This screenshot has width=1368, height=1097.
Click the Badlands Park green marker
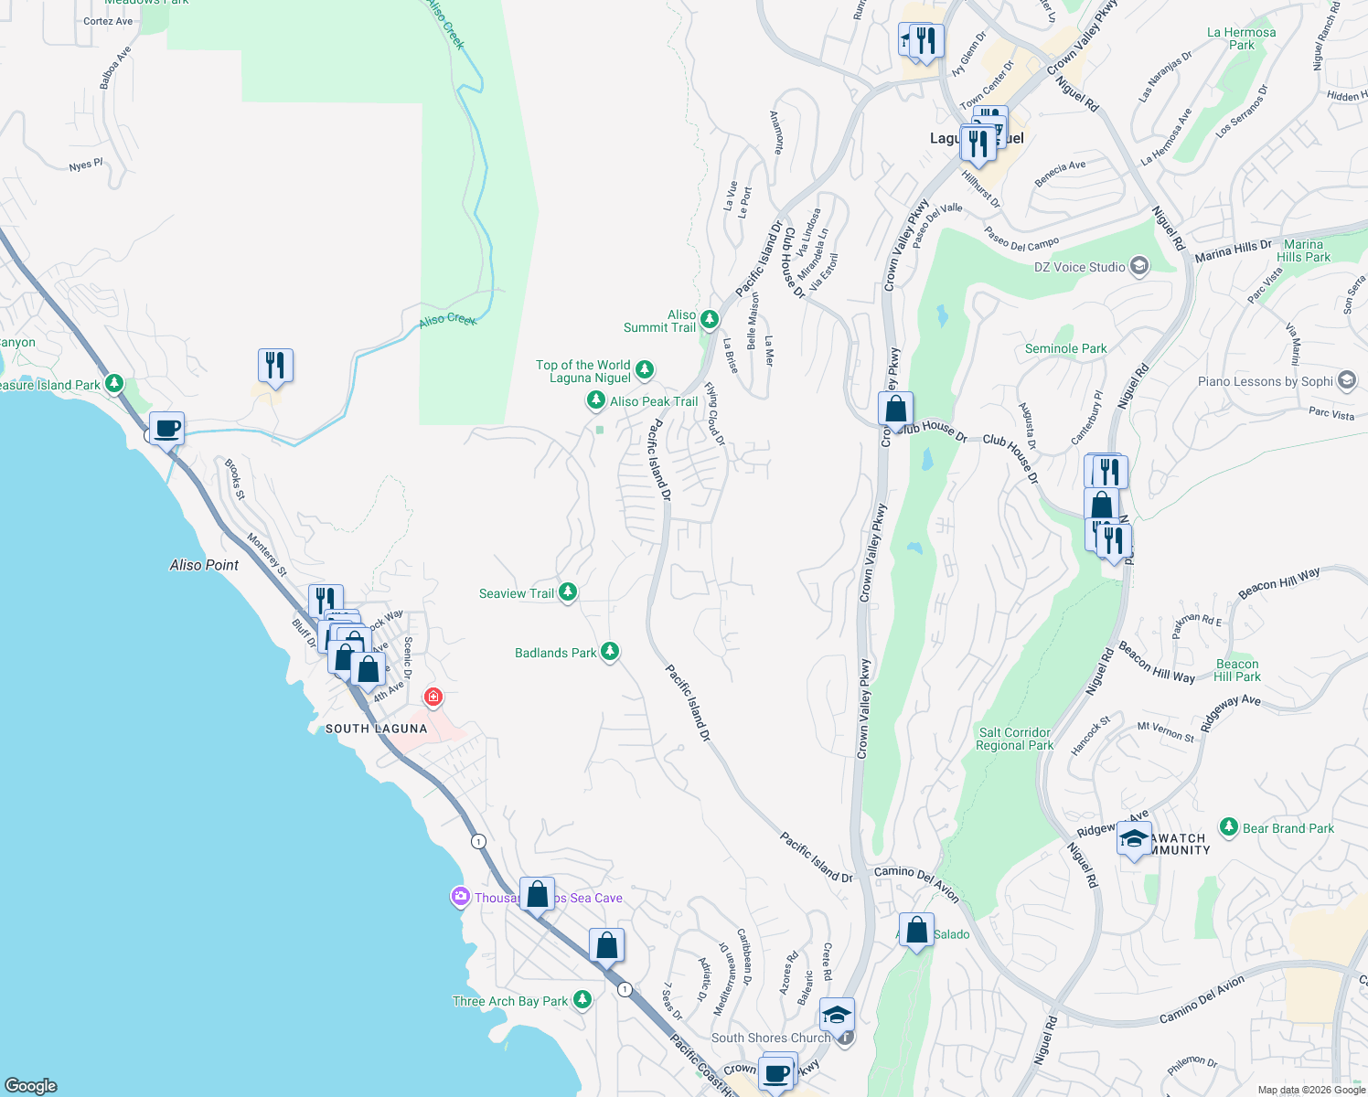click(x=610, y=652)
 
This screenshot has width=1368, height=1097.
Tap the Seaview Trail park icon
click(x=568, y=592)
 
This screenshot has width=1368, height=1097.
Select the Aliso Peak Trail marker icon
click(x=595, y=400)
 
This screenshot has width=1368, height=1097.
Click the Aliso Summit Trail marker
click(x=710, y=319)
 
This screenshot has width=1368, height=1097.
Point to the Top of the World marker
click(x=645, y=369)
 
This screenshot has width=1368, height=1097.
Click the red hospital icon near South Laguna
click(x=433, y=698)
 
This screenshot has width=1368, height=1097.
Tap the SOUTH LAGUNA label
click(x=377, y=729)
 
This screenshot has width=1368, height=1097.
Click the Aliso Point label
click(x=204, y=565)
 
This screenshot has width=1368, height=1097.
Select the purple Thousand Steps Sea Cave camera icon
click(x=461, y=897)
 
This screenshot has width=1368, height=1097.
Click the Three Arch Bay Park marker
click(x=582, y=1000)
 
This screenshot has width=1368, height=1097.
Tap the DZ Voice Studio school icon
click(x=1138, y=266)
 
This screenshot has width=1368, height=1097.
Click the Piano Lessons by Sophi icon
click(x=1346, y=380)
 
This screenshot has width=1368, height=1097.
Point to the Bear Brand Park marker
click(x=1229, y=827)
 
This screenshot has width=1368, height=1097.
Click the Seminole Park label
click(x=1065, y=348)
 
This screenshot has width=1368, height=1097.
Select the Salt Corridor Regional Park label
click(x=1014, y=739)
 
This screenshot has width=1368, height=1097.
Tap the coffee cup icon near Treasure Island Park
click(x=166, y=428)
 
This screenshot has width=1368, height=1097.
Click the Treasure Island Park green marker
click(x=113, y=384)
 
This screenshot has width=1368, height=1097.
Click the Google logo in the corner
click(x=30, y=1086)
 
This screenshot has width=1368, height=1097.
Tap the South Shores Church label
click(x=771, y=1038)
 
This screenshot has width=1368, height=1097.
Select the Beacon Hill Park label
click(x=1236, y=670)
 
